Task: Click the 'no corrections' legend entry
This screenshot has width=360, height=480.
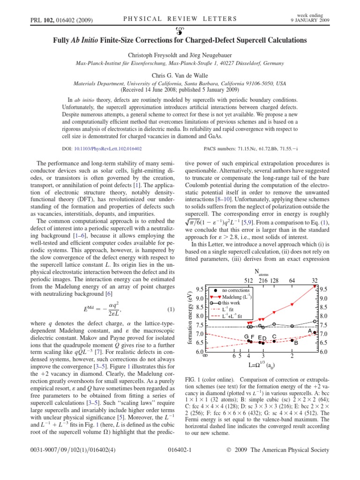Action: click(x=232, y=291)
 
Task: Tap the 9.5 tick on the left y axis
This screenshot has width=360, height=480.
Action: click(x=199, y=289)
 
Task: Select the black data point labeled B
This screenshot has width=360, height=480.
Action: click(x=292, y=340)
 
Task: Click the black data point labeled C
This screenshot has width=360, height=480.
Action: click(x=275, y=341)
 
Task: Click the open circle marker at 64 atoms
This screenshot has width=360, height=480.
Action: click(x=292, y=326)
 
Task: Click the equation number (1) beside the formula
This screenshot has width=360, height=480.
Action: click(x=171, y=309)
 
